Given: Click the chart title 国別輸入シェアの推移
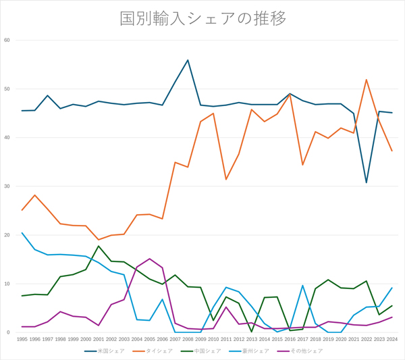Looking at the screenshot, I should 202,18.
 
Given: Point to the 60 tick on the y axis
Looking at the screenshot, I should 7,40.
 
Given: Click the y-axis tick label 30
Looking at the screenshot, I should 7,186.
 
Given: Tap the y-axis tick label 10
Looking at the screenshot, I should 7,284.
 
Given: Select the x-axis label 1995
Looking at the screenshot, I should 22,339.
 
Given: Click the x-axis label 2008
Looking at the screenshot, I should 188,339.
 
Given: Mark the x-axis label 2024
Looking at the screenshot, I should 391,339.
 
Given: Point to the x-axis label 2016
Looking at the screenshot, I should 290,339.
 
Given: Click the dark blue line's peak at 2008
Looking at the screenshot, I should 188,60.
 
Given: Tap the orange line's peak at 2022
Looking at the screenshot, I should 366,80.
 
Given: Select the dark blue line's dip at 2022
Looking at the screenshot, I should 366,182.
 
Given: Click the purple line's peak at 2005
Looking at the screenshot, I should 149,259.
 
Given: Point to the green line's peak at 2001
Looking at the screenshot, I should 99,246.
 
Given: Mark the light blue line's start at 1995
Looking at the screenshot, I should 22,233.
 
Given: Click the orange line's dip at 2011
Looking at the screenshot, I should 225,179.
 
